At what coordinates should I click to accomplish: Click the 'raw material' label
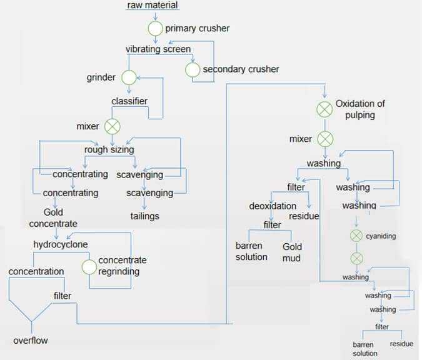(x=153, y=6)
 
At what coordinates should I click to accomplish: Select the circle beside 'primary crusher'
(x=155, y=29)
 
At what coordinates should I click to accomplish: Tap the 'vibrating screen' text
(x=158, y=49)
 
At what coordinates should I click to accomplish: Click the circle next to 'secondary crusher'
(x=192, y=69)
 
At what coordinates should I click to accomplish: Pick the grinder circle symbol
(x=129, y=77)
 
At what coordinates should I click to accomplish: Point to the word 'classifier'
(x=129, y=101)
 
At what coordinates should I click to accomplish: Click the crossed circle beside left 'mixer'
(x=112, y=126)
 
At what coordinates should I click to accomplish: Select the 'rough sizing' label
(x=109, y=150)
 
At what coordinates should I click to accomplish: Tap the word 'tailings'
(x=144, y=216)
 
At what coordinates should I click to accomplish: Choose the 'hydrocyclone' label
(x=61, y=244)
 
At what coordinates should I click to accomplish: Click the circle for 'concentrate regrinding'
(x=89, y=266)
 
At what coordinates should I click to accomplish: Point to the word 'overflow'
(x=31, y=341)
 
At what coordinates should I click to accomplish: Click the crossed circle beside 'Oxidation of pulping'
(x=324, y=109)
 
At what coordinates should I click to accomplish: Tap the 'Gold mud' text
(x=291, y=252)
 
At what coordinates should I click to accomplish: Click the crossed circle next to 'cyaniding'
(x=356, y=236)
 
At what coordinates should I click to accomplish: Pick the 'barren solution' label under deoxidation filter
(x=251, y=251)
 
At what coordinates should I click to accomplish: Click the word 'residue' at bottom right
(x=401, y=344)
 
